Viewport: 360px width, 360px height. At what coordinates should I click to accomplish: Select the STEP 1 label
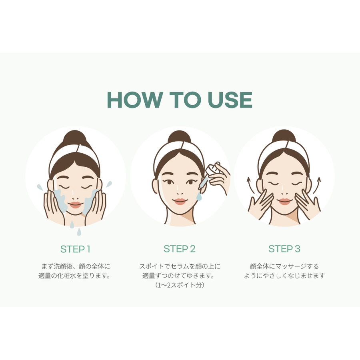(75, 249)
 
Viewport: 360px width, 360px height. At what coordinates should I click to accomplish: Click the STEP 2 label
(180, 249)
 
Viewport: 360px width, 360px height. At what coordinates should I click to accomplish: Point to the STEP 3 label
(284, 249)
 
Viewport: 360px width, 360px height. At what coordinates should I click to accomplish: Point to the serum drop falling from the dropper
(199, 196)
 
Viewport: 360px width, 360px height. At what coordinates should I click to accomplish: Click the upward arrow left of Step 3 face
(251, 185)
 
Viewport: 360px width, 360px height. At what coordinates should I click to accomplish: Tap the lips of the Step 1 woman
(75, 204)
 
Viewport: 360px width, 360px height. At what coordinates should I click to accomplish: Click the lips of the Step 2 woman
(180, 201)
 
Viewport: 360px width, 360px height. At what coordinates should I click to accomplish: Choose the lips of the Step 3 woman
(284, 201)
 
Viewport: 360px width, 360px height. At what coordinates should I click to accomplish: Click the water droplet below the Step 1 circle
(79, 232)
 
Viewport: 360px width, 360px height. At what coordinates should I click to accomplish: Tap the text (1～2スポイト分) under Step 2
(180, 285)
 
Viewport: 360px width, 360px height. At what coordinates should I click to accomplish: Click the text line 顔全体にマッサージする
(284, 266)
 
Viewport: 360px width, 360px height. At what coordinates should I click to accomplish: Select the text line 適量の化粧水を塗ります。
(74, 276)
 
